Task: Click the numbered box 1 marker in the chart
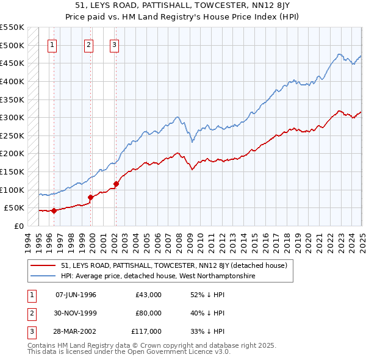[x=52, y=44]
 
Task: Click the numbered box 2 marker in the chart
[x=88, y=44]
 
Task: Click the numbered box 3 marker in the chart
[x=115, y=44]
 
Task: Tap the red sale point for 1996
[x=54, y=211]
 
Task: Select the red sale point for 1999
[x=91, y=197]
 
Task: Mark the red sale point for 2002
[x=116, y=184]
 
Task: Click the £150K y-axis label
[x=12, y=172]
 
